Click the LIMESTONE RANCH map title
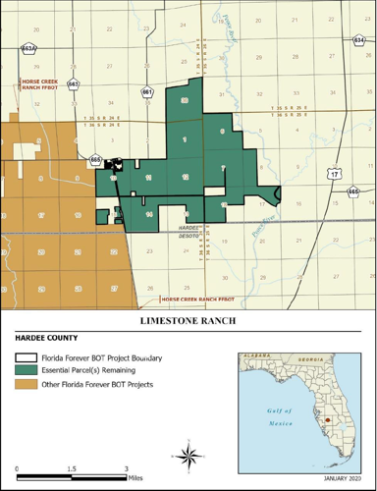pos(188,321)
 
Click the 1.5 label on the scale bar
pos(72,468)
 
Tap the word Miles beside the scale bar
pos(141,478)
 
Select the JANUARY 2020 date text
pos(341,479)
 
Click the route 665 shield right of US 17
pos(354,191)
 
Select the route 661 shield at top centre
pos(147,92)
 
